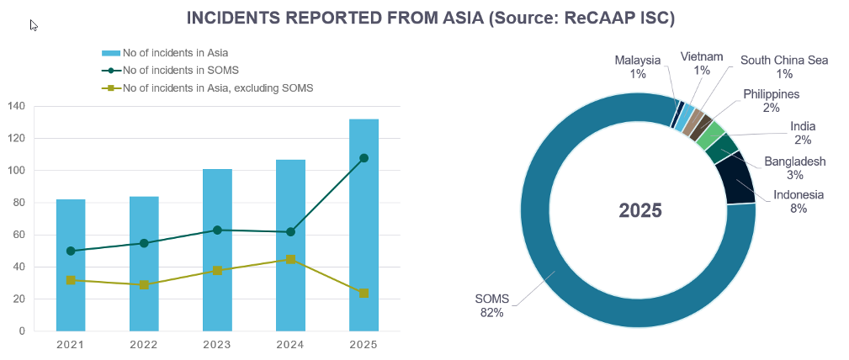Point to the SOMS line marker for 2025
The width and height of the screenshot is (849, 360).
tap(363, 158)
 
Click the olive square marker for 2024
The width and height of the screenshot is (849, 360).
tap(290, 259)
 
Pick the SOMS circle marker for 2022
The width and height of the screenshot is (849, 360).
tap(144, 243)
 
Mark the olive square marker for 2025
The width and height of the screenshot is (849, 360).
tap(363, 293)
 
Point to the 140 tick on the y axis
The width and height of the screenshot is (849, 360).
tap(16, 106)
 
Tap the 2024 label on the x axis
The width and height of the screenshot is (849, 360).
tap(290, 344)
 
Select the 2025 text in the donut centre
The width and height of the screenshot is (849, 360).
tap(640, 210)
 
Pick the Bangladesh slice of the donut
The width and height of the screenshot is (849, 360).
tap(721, 148)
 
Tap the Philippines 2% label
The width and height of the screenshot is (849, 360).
tap(771, 101)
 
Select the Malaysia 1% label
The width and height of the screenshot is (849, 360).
tap(637, 66)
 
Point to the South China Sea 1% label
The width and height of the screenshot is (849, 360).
tap(784, 66)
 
